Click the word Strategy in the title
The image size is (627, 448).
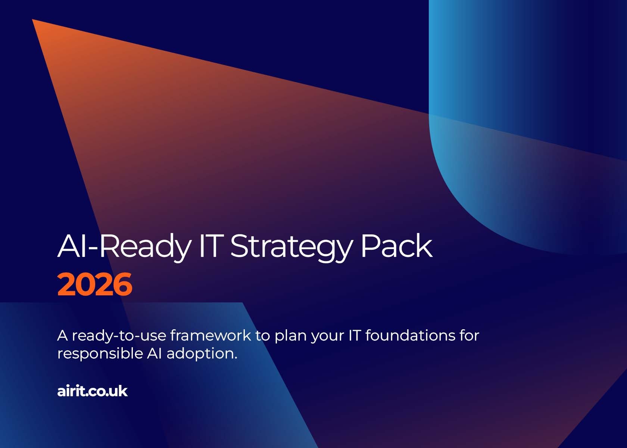tap(291, 246)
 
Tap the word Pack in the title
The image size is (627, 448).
tap(396, 246)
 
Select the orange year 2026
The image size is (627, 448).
tap(95, 284)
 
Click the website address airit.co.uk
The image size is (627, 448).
tap(92, 391)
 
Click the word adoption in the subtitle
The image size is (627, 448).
tap(202, 353)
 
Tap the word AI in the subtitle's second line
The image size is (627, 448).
tap(154, 353)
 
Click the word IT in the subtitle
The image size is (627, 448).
tap(355, 335)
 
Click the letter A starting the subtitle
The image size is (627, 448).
tap(62, 335)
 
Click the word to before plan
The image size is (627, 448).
tap(262, 335)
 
